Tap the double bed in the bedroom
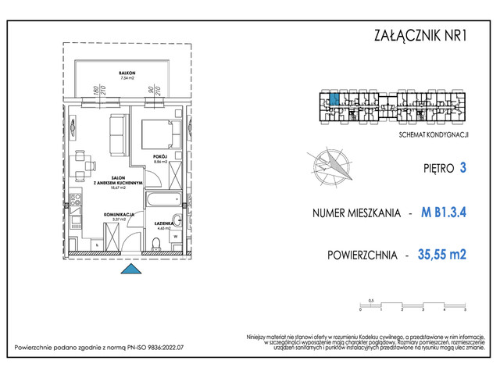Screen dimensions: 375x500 pos(159,134)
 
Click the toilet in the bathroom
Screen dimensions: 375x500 pos(157,245)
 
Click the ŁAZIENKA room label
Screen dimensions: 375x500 pos(163,223)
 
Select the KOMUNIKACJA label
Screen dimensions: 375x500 pos(121,213)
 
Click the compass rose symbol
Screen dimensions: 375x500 pos(330,164)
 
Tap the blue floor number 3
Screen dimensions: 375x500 pos(464,167)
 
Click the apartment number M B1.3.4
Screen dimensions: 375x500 pos(449,212)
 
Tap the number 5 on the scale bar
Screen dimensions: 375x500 pos(465,310)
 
